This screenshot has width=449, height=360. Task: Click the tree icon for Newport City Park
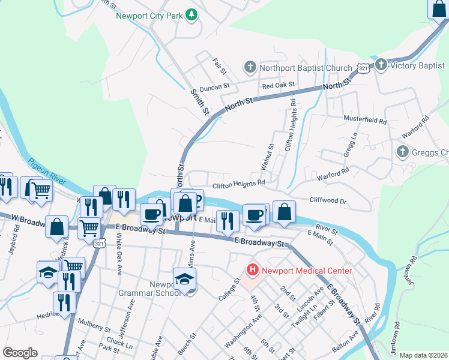tap(191, 14)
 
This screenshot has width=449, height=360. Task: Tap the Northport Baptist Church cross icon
tap(250, 67)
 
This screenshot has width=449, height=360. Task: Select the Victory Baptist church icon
tap(381, 64)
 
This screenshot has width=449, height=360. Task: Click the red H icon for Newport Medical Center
tap(253, 270)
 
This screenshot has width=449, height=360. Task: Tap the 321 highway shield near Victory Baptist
tap(363, 69)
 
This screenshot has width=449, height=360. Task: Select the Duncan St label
tap(215, 86)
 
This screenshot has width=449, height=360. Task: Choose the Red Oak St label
tap(279, 85)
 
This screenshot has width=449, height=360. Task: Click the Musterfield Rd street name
tap(365, 120)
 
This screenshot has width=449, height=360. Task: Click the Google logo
tap(20, 353)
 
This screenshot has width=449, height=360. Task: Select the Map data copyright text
tap(423, 355)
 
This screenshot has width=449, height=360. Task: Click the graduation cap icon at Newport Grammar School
tap(185, 278)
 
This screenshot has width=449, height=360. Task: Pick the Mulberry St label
tap(91, 329)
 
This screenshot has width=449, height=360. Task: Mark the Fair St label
tap(219, 67)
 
